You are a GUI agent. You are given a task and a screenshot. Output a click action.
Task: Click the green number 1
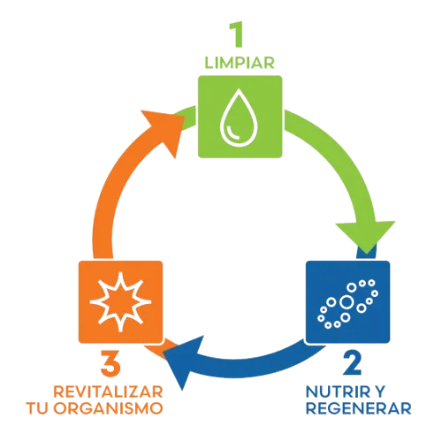[236, 34]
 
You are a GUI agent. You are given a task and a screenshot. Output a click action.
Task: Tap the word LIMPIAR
[240, 63]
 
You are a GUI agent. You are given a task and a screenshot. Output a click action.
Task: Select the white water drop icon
[239, 118]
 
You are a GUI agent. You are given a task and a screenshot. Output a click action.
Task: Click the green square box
[240, 117]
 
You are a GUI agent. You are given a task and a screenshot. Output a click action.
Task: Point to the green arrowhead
[366, 236]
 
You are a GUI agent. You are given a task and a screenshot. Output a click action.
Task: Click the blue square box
[347, 302]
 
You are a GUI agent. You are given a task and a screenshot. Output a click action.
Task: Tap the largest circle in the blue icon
[347, 302]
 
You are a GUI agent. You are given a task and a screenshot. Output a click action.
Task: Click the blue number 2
[353, 363]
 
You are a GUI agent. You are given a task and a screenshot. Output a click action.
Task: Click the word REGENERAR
[359, 408]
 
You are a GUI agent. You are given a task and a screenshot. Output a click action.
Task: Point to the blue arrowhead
[184, 361]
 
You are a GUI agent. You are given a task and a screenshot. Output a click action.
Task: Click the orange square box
[120, 302]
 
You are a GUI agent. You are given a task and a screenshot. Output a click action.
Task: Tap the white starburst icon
[120, 302]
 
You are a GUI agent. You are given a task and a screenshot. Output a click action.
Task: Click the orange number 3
[110, 363]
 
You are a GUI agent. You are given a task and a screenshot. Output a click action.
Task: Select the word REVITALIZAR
[108, 392]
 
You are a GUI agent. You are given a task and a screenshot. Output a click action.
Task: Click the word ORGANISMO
[108, 408]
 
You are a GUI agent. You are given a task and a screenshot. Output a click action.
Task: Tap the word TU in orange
[37, 408]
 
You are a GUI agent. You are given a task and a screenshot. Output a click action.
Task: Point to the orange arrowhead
[165, 130]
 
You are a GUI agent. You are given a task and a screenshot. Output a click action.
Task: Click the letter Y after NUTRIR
[379, 392]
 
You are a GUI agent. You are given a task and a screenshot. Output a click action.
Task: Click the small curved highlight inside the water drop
[233, 132]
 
